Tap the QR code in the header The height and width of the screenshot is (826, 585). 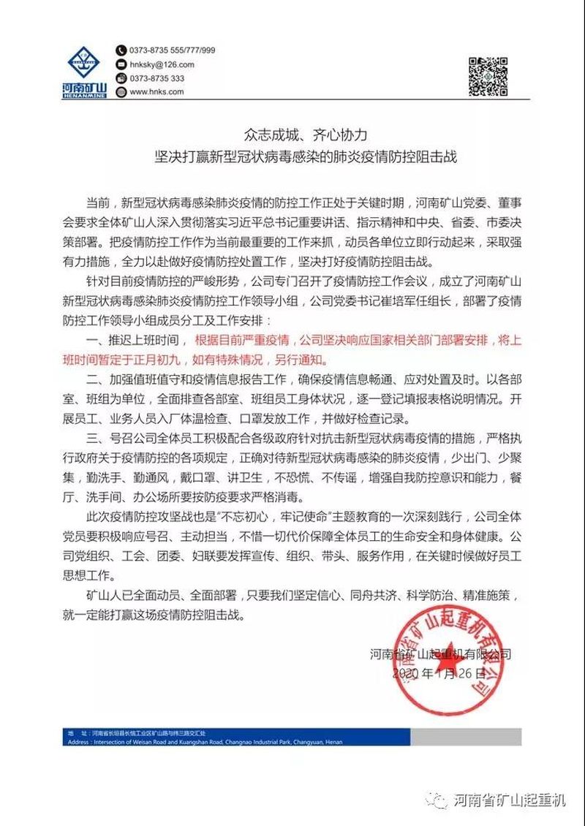pyautogui.click(x=488, y=76)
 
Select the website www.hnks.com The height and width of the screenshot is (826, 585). pyautogui.click(x=156, y=92)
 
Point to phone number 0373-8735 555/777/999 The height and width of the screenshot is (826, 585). pyautogui.click(x=172, y=50)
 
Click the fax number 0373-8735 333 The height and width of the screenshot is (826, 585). pyautogui.click(x=156, y=78)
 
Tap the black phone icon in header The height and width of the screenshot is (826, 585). pyautogui.click(x=121, y=50)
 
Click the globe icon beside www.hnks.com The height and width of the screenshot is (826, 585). pyautogui.click(x=121, y=92)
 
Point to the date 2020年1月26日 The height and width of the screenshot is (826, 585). pyautogui.click(x=439, y=671)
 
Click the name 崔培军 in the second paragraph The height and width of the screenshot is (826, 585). pyautogui.click(x=404, y=300)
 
